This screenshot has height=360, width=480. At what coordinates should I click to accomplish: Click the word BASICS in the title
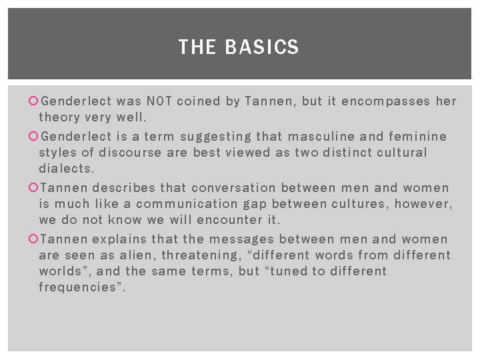click(262, 47)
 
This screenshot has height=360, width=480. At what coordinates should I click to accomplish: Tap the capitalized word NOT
click(159, 101)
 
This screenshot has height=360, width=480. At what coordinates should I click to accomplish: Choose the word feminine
click(416, 137)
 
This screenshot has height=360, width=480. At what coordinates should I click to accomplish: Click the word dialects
click(67, 169)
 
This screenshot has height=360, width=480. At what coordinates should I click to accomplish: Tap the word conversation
click(238, 188)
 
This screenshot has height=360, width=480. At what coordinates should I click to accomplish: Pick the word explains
click(120, 239)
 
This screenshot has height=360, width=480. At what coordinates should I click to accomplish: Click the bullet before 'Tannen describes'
click(34, 188)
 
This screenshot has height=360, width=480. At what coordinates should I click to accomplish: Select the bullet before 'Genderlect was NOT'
click(34, 101)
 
